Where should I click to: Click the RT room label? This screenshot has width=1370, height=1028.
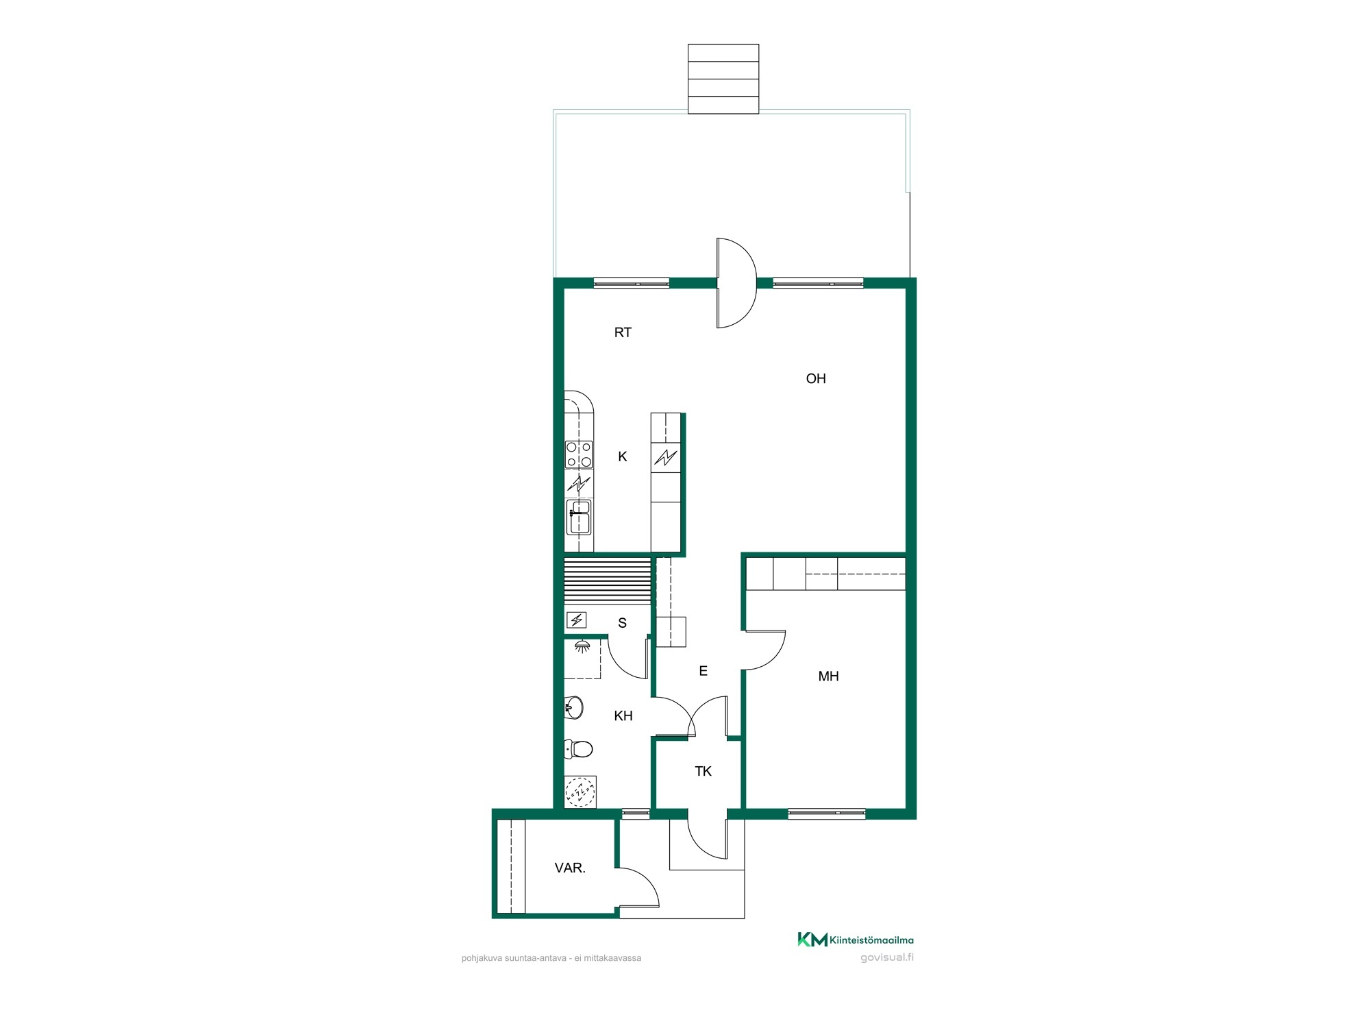coord(623,332)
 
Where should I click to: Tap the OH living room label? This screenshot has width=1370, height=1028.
coord(816,378)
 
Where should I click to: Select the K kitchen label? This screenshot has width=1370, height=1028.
coord(623,456)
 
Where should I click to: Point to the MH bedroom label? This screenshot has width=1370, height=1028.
coord(828,676)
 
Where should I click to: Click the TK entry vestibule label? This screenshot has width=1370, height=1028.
coord(703,771)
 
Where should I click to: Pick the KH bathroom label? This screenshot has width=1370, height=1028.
coord(623,715)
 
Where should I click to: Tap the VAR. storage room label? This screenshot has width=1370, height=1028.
coord(570,868)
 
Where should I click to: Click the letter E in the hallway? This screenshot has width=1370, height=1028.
coord(703,671)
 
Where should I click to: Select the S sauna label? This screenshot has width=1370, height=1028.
coord(623,623)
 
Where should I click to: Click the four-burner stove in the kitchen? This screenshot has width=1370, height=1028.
coord(579,454)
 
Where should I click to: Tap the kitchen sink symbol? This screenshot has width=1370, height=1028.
coord(579,517)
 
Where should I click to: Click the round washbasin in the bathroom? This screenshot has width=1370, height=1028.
coord(574,708)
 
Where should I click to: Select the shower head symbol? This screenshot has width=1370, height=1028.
coord(582,646)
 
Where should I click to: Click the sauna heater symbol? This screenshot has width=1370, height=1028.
coord(577,620)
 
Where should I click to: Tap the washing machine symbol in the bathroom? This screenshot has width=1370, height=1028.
coord(580,792)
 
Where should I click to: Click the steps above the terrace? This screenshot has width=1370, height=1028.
coord(723,79)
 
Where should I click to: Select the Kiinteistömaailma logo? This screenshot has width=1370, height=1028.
coord(856,940)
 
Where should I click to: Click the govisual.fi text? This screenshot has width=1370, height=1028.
coord(887,957)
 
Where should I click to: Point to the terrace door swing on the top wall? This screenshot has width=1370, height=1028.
coord(736,283)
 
